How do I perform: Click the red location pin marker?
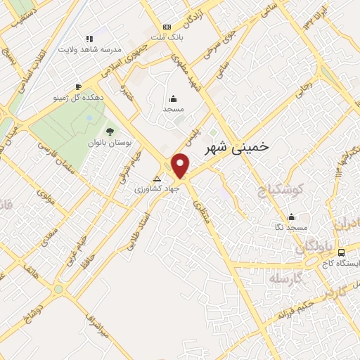click(181, 166)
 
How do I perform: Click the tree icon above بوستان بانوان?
click(109, 131)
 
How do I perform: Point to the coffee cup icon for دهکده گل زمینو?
click(78, 86)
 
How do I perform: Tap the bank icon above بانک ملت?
click(167, 26)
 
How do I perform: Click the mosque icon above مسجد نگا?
click(292, 217)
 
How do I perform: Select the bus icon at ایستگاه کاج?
click(341, 252)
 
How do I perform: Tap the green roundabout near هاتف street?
click(58, 288)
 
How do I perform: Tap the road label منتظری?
click(205, 218)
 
